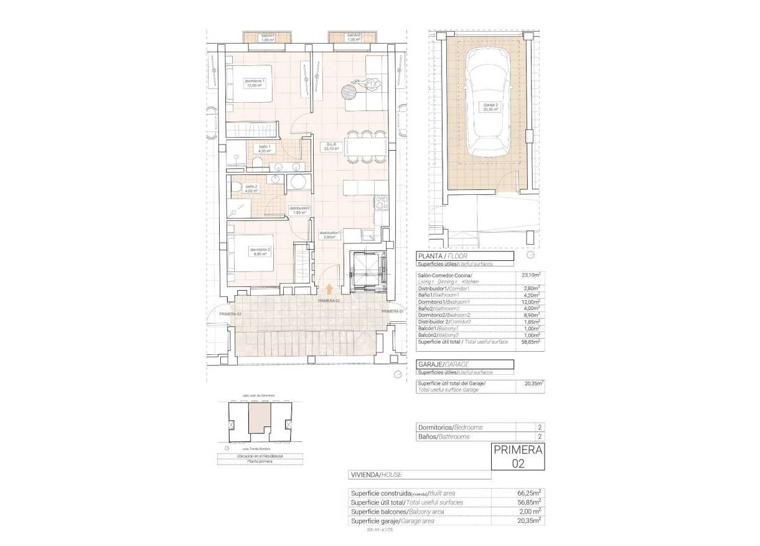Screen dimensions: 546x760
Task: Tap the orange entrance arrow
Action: (329, 288)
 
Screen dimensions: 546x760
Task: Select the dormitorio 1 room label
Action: (255, 83)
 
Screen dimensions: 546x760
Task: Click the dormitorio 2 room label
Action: (261, 252)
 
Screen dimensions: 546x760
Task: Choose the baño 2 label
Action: (251, 189)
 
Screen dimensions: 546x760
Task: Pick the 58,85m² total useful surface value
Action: (530, 342)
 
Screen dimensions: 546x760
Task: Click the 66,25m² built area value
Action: (527, 493)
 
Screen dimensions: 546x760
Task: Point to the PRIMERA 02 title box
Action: (518, 456)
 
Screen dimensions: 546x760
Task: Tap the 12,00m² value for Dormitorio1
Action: (530, 301)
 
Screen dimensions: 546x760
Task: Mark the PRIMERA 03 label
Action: (230, 314)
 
